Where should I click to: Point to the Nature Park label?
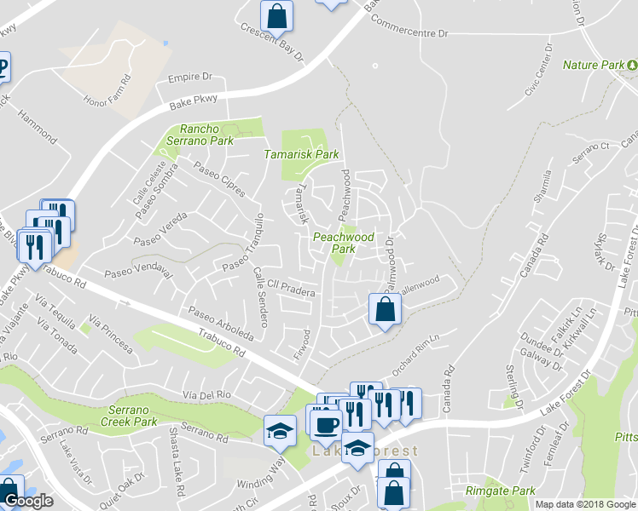coord(594,65)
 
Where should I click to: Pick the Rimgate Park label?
coord(501,491)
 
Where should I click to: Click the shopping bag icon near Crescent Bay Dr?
coord(276,14)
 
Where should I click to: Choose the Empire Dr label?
coord(189,77)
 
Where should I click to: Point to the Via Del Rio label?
coord(208,394)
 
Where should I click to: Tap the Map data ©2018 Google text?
coord(585,504)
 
